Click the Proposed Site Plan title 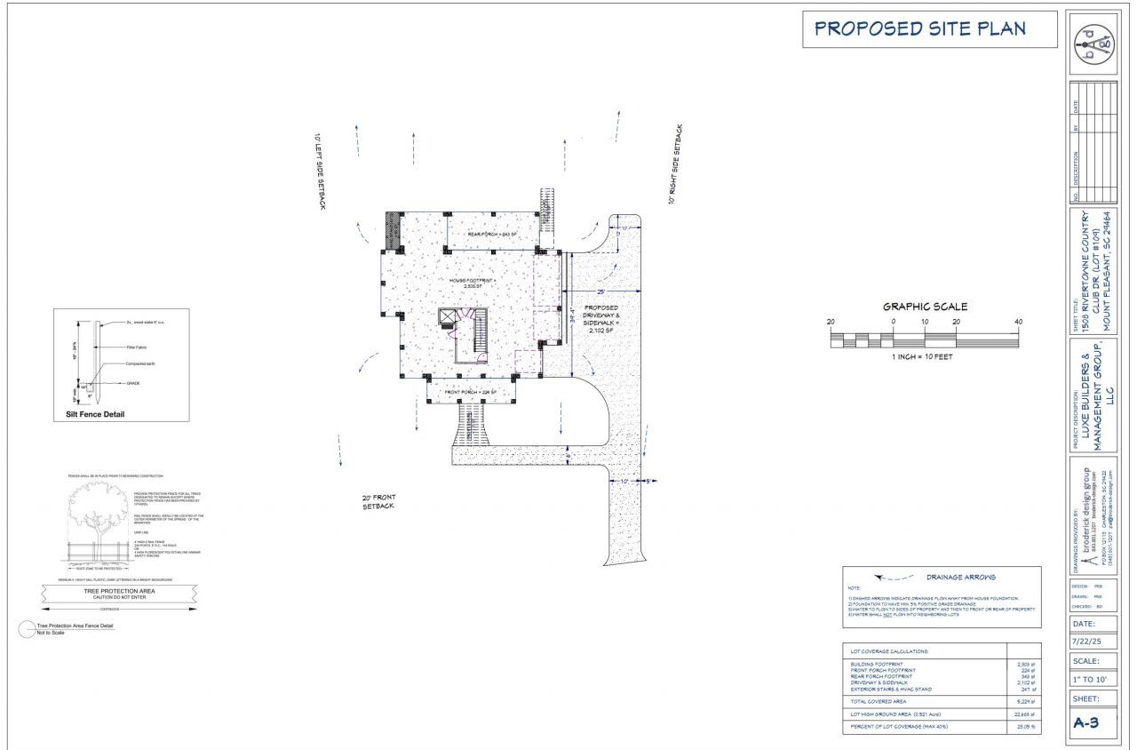pyautogui.click(x=920, y=28)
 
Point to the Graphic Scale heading pyautogui.click(x=925, y=307)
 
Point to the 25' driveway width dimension pyautogui.click(x=601, y=291)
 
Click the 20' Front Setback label pyautogui.click(x=378, y=501)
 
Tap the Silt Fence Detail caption pyautogui.click(x=95, y=414)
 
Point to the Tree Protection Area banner pyautogui.click(x=119, y=593)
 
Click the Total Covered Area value pyautogui.click(x=1026, y=701)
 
